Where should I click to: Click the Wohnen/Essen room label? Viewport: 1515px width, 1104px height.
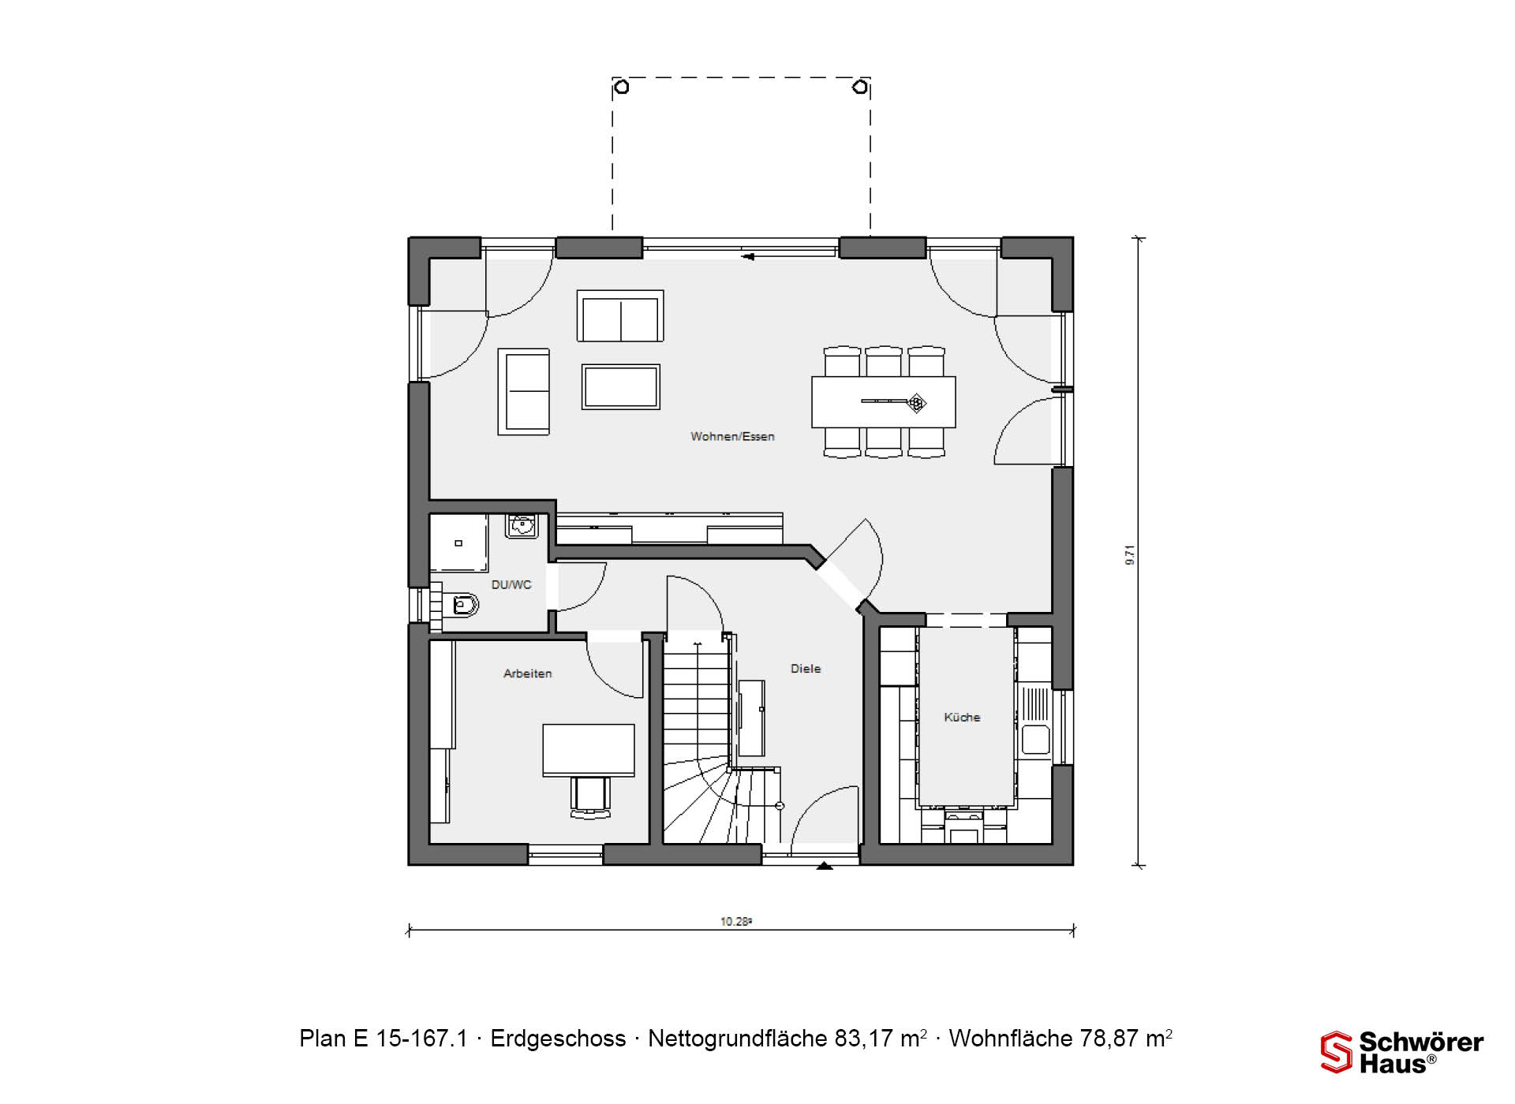pos(732,436)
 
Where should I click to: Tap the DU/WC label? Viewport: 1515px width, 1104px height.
pos(511,584)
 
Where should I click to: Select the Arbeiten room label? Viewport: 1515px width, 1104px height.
pos(528,673)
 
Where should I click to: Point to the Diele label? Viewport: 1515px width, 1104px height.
pos(806,669)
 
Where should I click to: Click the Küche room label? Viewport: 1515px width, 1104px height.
pos(962,717)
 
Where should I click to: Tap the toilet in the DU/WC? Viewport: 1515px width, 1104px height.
pos(462,606)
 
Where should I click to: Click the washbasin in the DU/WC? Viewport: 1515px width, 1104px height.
pos(522,525)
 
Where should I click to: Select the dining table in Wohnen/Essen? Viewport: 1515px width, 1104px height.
pos(884,402)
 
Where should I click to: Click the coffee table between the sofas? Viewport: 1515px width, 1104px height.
pos(621,386)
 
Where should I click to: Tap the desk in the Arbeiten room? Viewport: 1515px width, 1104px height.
pos(589,750)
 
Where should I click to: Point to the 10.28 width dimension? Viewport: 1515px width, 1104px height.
pos(735,921)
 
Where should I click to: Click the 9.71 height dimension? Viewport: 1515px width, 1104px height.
pos(1130,555)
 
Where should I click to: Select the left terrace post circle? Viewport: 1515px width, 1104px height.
pos(622,87)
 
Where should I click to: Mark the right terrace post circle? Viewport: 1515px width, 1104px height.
pos(861,87)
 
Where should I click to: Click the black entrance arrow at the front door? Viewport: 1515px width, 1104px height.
pos(825,866)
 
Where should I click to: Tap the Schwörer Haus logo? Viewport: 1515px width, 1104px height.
pos(1402,1052)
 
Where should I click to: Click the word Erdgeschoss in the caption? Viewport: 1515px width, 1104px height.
pos(558,1039)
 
